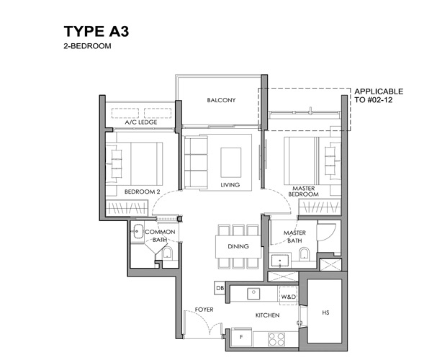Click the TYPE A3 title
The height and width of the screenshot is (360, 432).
[x=96, y=31]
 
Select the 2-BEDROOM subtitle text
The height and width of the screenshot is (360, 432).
[x=87, y=46]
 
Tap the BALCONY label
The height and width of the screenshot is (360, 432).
[x=221, y=100]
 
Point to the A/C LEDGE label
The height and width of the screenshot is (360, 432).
[x=141, y=122]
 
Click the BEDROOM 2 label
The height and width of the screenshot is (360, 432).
[x=142, y=192]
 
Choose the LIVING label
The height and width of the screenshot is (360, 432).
[x=230, y=185]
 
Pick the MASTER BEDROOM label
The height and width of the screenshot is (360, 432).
[x=303, y=191]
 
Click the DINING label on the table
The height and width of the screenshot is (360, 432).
[x=238, y=246]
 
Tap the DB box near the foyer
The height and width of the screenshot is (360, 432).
[x=220, y=288]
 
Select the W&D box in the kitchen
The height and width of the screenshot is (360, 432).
[x=289, y=295]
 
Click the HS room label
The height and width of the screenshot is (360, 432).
[x=325, y=312]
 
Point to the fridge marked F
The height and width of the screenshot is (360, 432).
[x=242, y=337]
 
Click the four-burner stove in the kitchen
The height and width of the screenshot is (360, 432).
[x=276, y=339]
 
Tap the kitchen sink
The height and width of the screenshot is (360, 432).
[x=253, y=293]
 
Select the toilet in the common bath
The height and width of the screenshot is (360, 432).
[x=167, y=253]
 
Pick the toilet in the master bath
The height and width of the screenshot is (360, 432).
[x=304, y=253]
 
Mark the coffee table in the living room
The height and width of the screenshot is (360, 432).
[x=231, y=163]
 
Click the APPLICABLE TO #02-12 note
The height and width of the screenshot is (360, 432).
[x=379, y=95]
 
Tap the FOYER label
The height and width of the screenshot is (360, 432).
[x=204, y=310]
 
